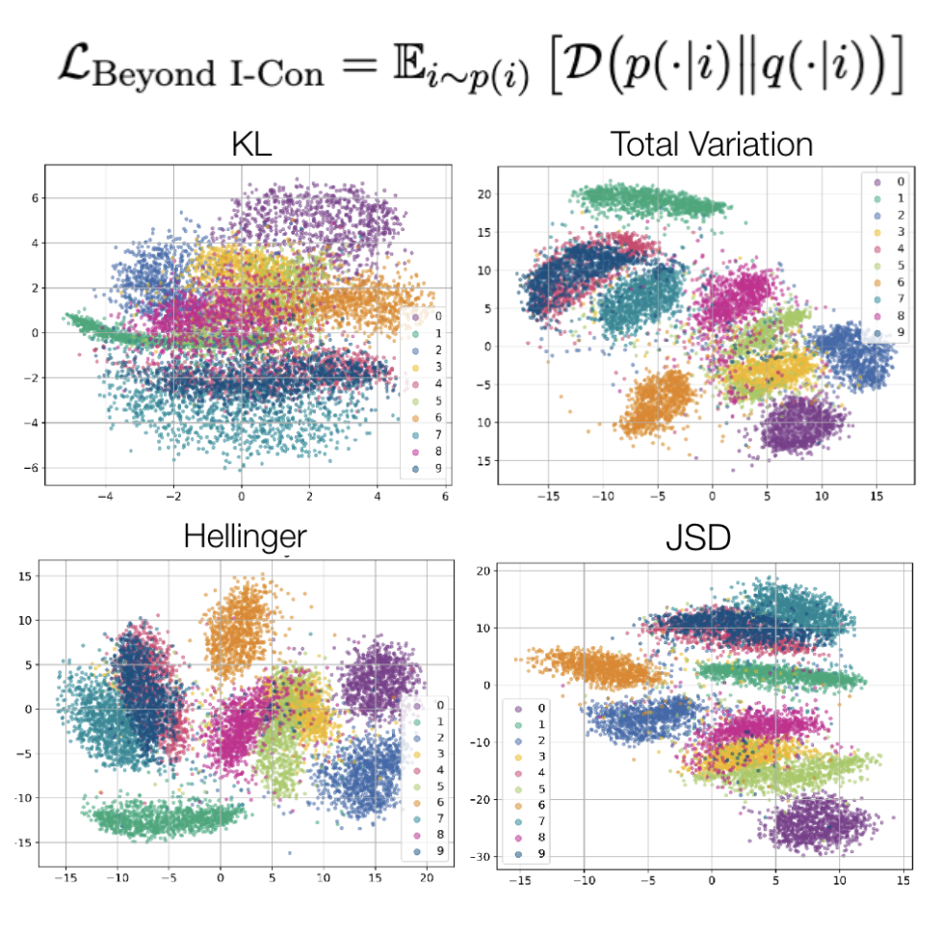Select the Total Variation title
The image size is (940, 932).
pyautogui.click(x=712, y=144)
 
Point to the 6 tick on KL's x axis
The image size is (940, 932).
pyautogui.click(x=445, y=497)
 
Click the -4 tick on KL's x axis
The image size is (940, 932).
pyautogui.click(x=106, y=497)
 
